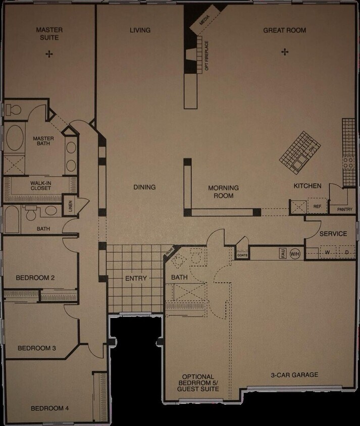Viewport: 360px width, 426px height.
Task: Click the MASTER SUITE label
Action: [x=49, y=34]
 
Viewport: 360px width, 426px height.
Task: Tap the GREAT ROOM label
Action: [x=284, y=30]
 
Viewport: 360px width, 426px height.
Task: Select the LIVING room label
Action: [x=140, y=30]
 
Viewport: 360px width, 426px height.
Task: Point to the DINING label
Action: [x=144, y=187]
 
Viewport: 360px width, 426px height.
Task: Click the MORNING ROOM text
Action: [x=223, y=192]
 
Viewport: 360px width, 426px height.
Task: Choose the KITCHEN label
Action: [x=307, y=186]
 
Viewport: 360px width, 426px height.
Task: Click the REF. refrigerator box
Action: [x=318, y=206]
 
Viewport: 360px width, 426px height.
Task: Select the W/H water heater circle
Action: [x=295, y=253]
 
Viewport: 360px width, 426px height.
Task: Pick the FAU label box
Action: [x=283, y=253]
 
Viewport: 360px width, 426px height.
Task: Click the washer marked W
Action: [x=328, y=252]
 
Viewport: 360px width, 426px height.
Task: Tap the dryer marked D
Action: [x=347, y=252]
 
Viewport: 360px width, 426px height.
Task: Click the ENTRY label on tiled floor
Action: [x=136, y=278]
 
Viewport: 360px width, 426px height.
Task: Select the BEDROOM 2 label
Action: [x=35, y=278]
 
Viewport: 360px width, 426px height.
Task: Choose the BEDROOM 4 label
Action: [x=49, y=408]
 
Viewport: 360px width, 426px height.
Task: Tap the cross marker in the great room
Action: [x=285, y=51]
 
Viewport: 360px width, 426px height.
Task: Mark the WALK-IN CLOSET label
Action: [x=40, y=185]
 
